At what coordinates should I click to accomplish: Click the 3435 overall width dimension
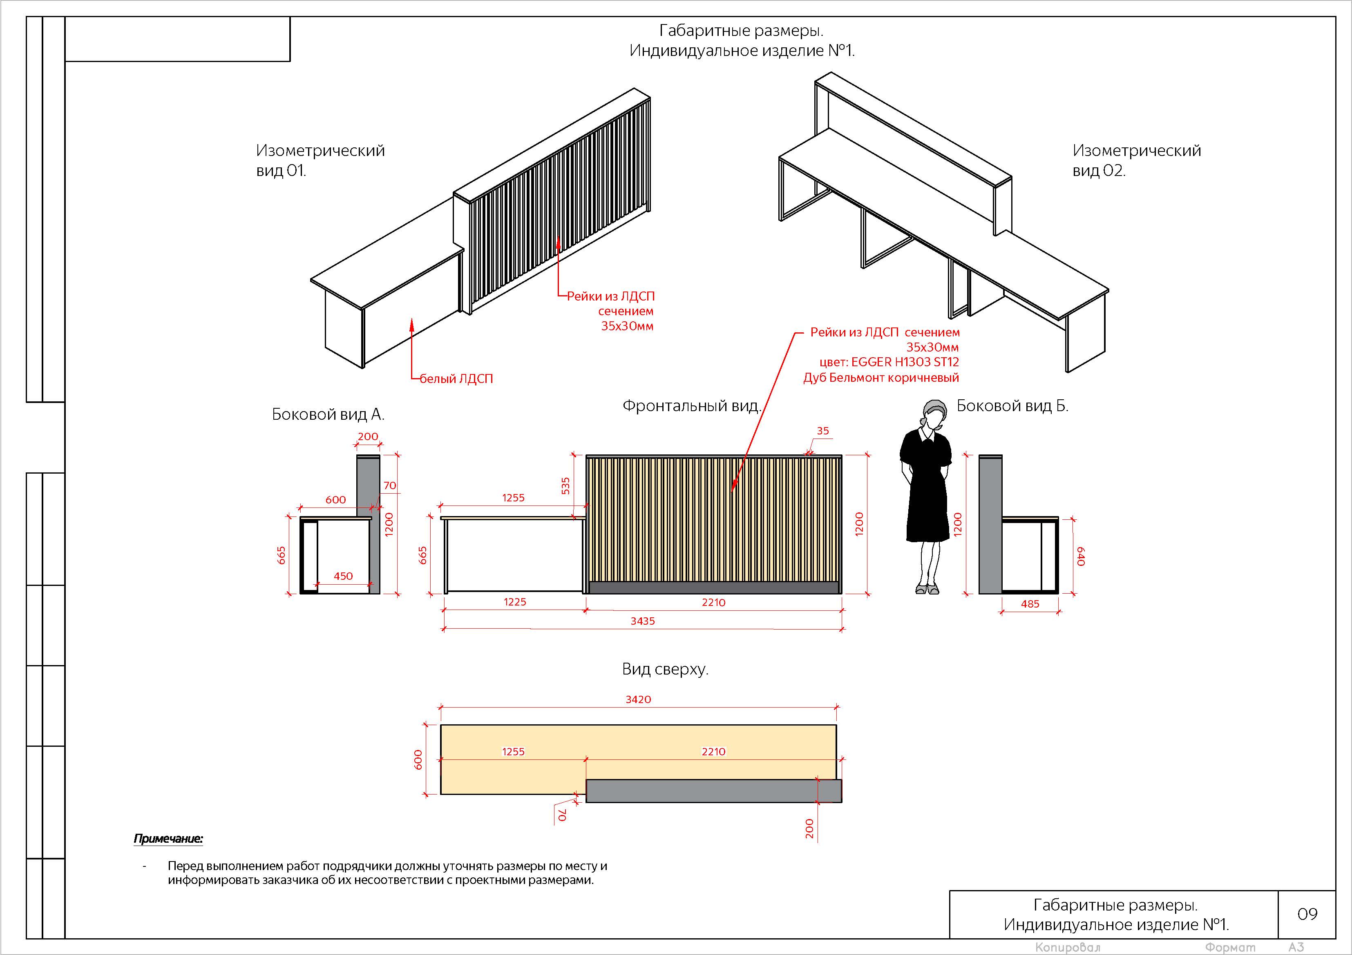click(642, 621)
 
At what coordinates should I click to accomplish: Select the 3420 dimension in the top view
click(638, 699)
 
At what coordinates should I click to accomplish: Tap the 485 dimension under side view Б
click(1030, 604)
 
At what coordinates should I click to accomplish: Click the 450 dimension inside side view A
click(343, 576)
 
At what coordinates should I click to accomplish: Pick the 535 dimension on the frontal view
click(565, 485)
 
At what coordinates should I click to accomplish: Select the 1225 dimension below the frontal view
click(515, 602)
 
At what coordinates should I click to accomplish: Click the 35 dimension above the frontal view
click(822, 431)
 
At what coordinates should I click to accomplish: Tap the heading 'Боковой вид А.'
click(328, 415)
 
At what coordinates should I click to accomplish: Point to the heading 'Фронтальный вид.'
click(692, 406)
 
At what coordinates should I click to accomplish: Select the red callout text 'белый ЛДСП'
click(456, 379)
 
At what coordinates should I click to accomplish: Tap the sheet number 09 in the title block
click(1307, 914)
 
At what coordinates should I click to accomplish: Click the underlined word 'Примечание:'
click(168, 839)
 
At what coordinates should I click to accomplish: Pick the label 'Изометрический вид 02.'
click(1137, 160)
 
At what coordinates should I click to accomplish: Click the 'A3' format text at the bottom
click(1296, 947)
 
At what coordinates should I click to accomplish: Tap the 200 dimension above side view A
click(368, 436)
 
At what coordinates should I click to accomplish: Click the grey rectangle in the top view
click(714, 791)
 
